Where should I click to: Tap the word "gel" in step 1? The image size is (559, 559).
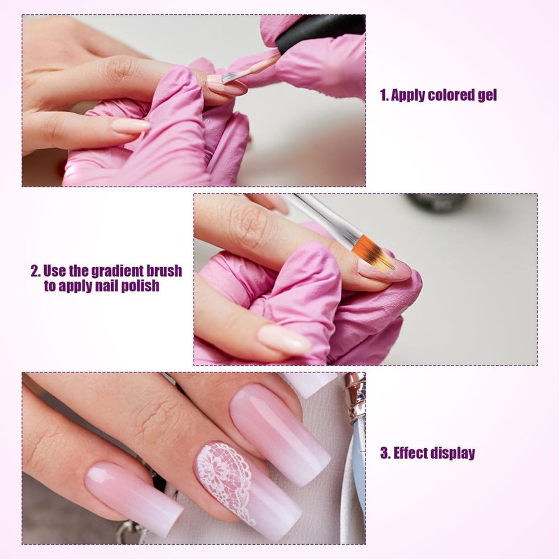click(487, 96)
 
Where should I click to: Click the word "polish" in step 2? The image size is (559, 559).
click(140, 286)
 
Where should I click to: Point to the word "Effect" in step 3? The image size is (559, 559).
click(410, 453)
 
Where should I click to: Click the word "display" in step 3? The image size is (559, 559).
click(453, 453)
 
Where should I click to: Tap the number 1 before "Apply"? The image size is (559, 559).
click(384, 96)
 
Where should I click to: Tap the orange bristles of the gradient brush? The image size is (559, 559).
click(375, 252)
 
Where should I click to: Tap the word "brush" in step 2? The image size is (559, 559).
click(165, 271)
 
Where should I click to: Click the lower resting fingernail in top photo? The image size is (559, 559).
click(131, 126)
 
